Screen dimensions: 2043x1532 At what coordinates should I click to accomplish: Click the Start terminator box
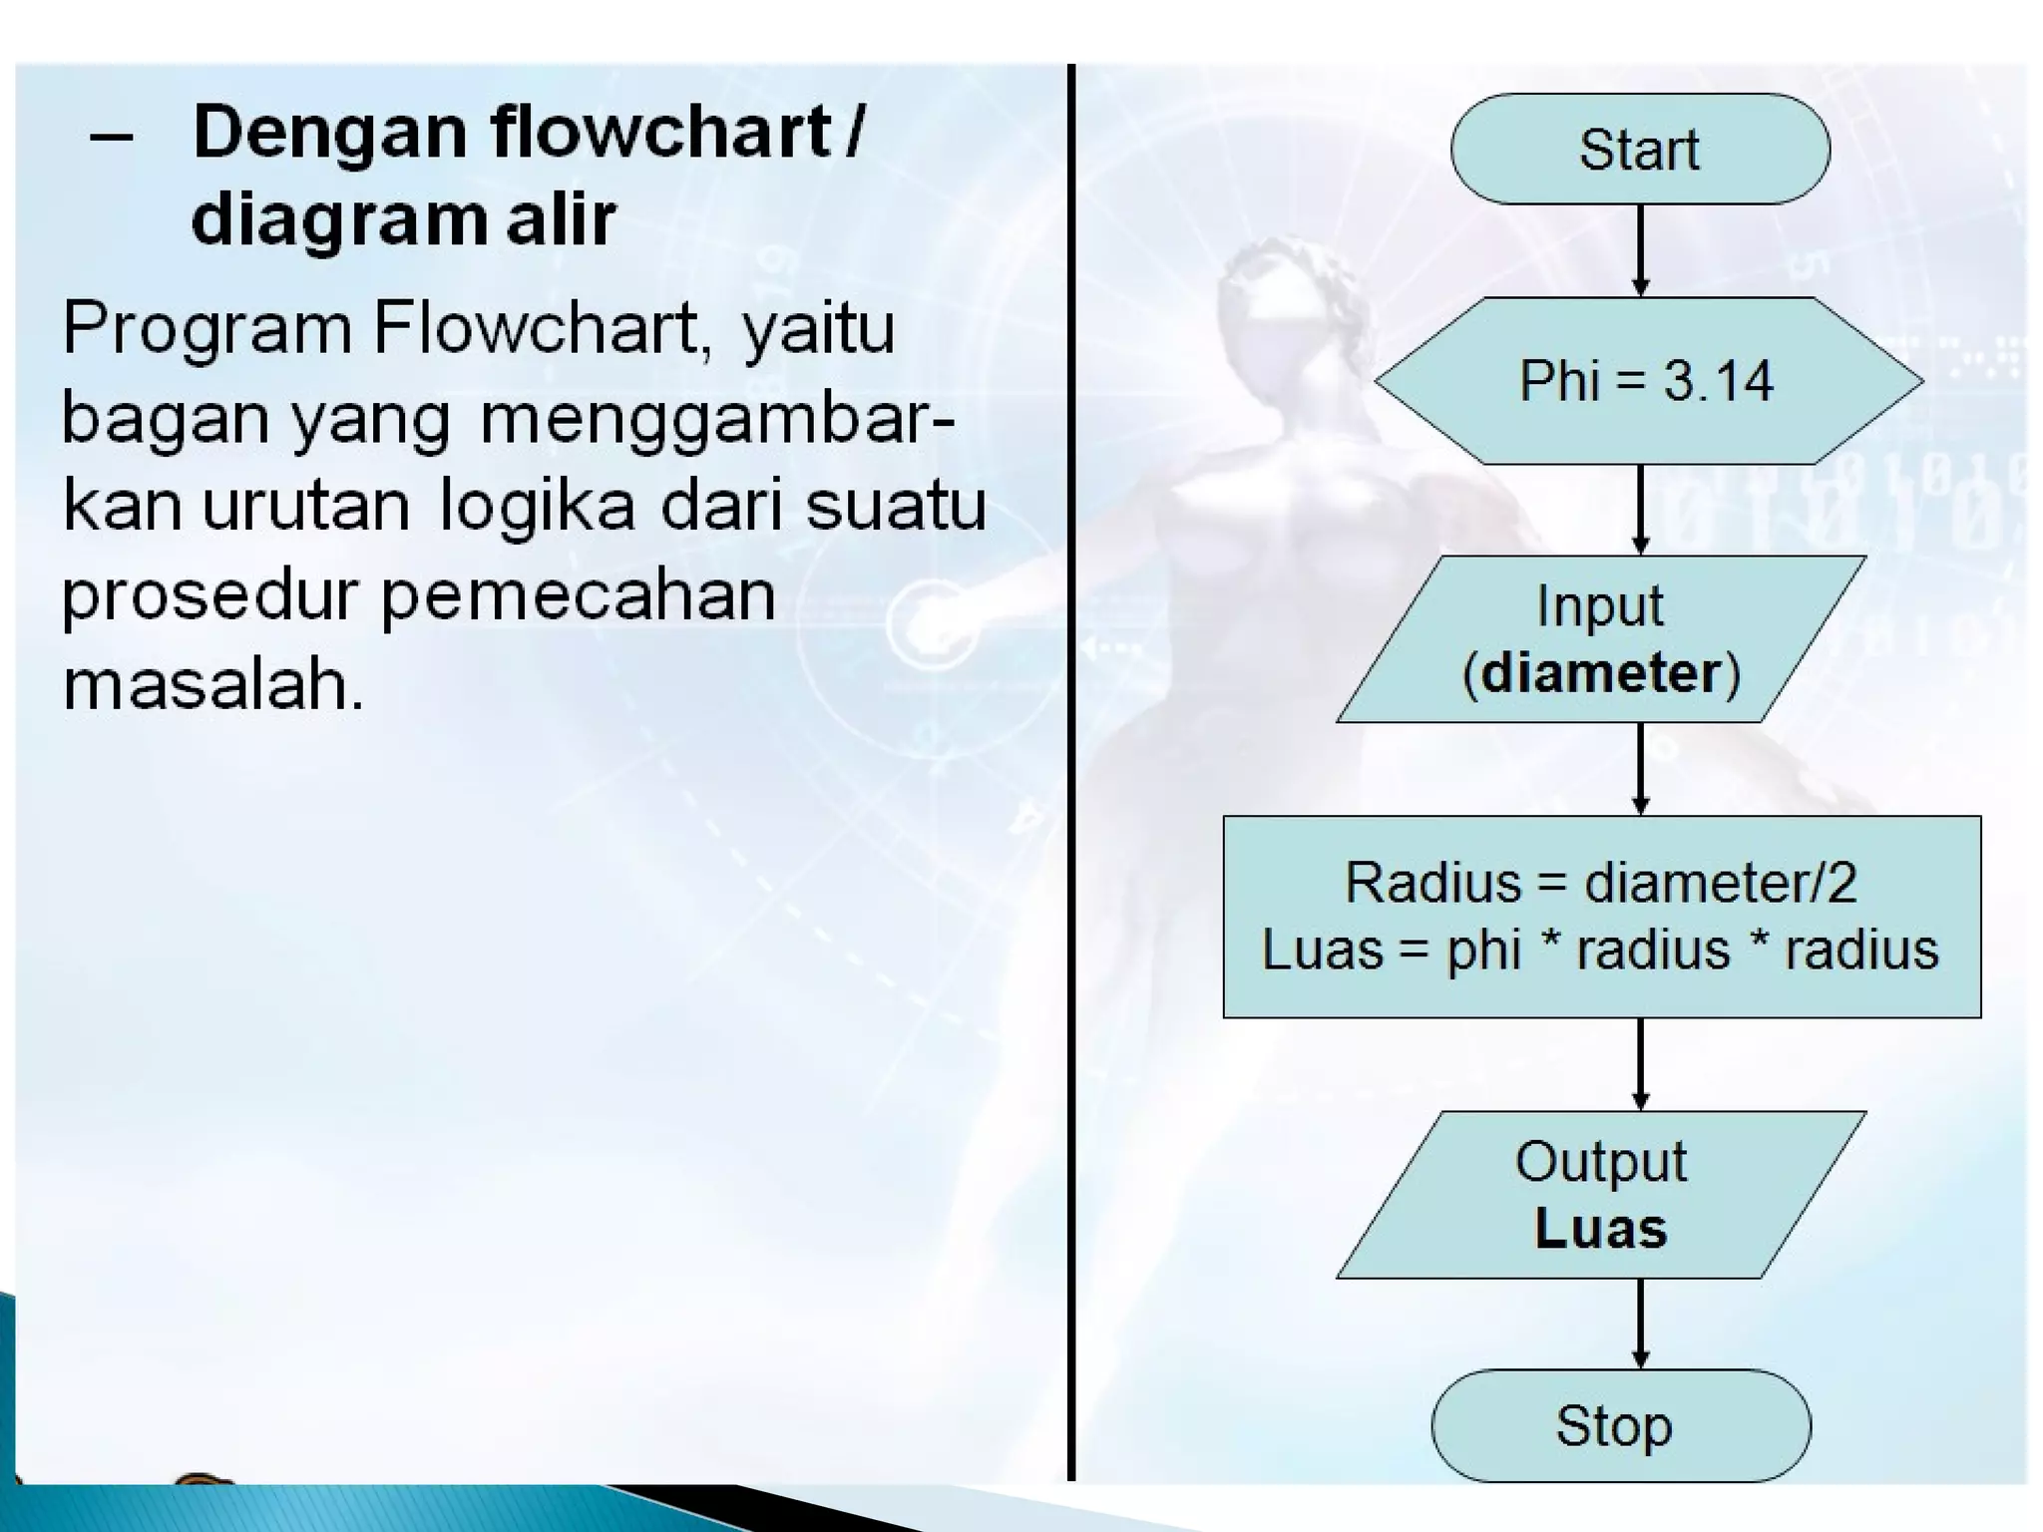pos(1640,150)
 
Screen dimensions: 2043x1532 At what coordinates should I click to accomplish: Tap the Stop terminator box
pos(1620,1425)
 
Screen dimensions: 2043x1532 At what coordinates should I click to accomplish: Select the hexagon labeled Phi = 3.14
pos(1648,381)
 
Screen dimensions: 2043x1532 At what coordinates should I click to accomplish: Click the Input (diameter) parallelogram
pos(1600,638)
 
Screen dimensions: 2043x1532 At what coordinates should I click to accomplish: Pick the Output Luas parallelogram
pos(1600,1195)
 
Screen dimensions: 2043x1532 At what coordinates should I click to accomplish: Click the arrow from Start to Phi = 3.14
pos(1640,249)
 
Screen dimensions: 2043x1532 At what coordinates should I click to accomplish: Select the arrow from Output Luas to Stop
pos(1640,1324)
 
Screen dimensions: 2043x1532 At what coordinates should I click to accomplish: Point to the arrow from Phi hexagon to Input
pos(1640,509)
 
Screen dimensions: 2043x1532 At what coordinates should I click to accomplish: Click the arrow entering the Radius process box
pos(1640,768)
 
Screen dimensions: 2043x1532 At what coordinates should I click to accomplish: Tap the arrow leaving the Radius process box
pos(1640,1063)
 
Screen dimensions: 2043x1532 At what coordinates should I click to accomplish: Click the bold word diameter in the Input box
pos(1601,673)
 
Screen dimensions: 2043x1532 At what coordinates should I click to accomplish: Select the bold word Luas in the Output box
pos(1601,1229)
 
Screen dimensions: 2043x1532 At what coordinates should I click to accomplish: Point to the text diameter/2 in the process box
pos(1720,883)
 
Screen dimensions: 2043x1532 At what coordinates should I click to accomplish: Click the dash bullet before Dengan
pos(111,137)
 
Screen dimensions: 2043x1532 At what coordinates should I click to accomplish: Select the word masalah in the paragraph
pos(212,685)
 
